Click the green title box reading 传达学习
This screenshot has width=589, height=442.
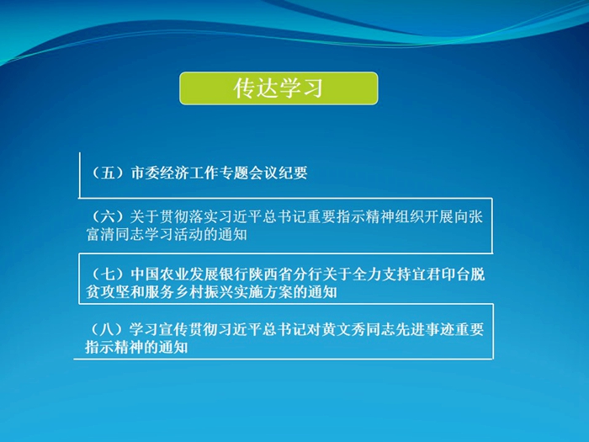[279, 88]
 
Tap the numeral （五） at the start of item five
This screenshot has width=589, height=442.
[109, 173]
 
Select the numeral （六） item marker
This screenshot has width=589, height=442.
[109, 217]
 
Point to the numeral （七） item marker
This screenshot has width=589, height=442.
[109, 274]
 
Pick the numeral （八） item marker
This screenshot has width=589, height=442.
[108, 330]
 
